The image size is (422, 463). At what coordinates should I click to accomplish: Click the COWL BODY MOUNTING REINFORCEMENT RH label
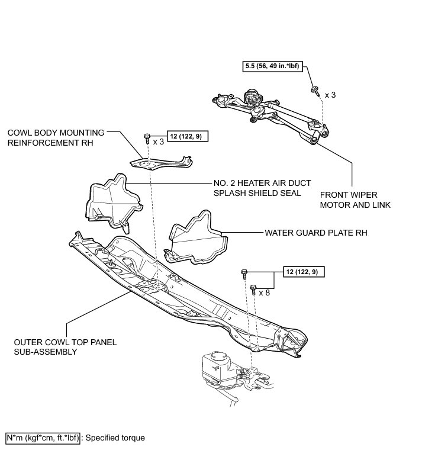point(56,137)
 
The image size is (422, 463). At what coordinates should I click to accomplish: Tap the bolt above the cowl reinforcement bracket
point(147,139)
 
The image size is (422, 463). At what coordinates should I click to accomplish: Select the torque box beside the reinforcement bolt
point(188,136)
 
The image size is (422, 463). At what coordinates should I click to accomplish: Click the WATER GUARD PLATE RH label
point(316,233)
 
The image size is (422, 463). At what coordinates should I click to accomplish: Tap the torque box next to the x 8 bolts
point(304,272)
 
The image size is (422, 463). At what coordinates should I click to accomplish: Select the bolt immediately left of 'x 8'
point(253,290)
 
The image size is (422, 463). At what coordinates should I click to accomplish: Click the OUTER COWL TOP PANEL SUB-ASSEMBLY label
point(57,346)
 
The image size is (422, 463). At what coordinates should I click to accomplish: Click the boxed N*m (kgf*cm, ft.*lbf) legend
point(42,438)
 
